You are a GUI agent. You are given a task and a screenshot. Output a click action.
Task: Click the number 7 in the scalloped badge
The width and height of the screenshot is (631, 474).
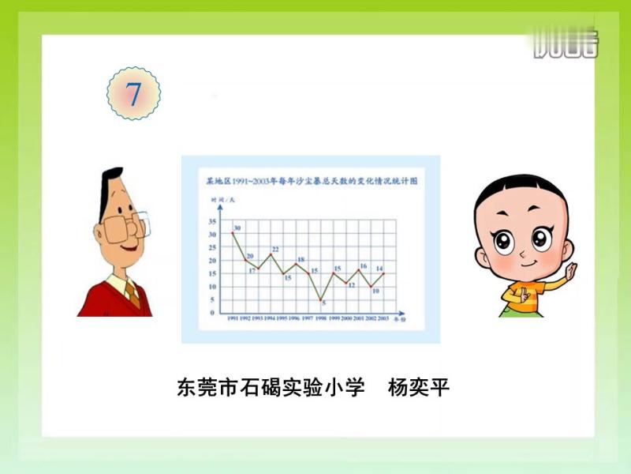tap(133, 94)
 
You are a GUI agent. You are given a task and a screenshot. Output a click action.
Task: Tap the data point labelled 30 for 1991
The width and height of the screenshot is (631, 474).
tap(233, 233)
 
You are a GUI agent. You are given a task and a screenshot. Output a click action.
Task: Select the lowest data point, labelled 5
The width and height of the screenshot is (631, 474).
tap(320, 299)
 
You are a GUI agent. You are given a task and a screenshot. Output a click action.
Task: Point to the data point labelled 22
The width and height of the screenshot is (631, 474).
tap(271, 254)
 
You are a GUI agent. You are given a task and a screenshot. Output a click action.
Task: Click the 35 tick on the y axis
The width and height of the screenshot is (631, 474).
tap(212, 221)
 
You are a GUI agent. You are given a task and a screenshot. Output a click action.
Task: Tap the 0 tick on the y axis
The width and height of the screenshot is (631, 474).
tap(212, 313)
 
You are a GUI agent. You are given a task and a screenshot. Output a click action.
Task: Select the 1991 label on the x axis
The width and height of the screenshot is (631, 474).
tap(233, 318)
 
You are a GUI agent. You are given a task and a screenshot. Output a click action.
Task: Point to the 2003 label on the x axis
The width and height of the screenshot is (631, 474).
tap(383, 318)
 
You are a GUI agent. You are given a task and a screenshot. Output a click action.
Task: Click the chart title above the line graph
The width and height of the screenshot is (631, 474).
tap(311, 181)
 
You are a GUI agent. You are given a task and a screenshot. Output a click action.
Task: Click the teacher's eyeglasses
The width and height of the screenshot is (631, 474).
tap(125, 228)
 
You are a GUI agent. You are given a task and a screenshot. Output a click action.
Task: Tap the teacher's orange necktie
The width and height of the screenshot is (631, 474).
tap(133, 294)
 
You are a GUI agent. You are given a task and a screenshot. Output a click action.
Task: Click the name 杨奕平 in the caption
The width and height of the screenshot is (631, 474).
tap(419, 389)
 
